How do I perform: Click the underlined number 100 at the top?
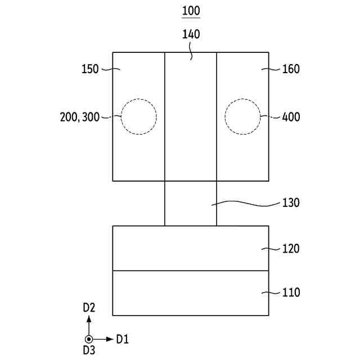point(191,11)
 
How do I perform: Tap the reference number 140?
point(191,34)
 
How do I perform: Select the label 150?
point(90,69)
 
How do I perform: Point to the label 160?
point(291,69)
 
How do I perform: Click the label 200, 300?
point(80,117)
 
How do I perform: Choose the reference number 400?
point(291,117)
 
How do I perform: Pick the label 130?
point(291,203)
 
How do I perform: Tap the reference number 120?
point(291,249)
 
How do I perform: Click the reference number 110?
point(291,292)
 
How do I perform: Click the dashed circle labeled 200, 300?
point(121,116)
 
